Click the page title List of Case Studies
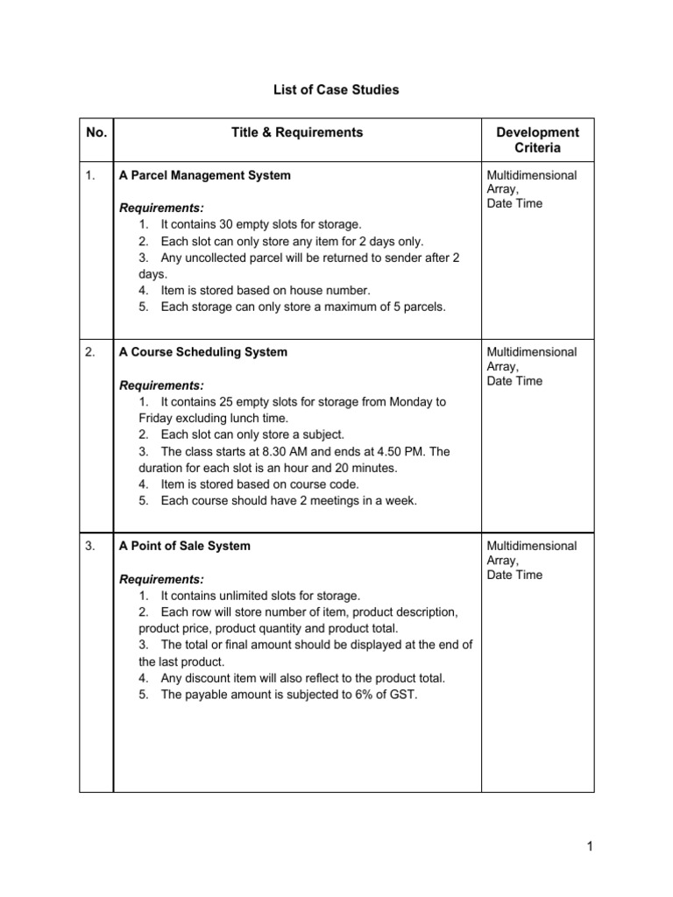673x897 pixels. (336, 90)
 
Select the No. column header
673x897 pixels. (96, 132)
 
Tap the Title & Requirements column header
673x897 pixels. (296, 132)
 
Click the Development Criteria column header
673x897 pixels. (537, 140)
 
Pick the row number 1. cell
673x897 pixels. (91, 175)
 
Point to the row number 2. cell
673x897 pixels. (91, 352)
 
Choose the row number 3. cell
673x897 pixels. (91, 546)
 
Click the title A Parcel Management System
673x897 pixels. (204, 175)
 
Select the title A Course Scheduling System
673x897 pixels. (202, 352)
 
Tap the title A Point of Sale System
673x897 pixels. (184, 546)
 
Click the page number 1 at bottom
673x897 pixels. (592, 846)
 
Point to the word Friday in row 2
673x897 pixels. (156, 418)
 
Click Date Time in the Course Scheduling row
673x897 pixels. (514, 381)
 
